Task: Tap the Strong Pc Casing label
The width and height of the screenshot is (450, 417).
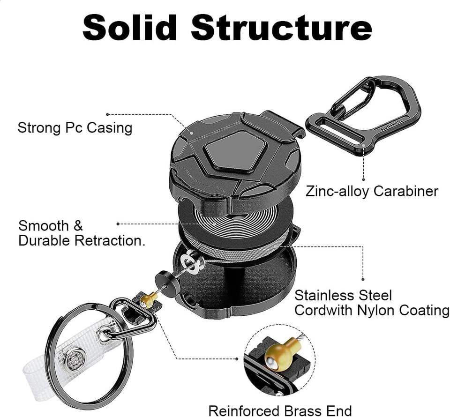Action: click(x=75, y=127)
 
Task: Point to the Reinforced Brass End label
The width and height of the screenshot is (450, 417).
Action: click(x=280, y=410)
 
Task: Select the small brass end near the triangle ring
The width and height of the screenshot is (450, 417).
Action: click(x=149, y=298)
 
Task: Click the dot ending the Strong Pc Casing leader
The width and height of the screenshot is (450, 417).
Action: click(x=107, y=114)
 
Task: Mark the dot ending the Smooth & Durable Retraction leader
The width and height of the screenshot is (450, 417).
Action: click(x=118, y=224)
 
